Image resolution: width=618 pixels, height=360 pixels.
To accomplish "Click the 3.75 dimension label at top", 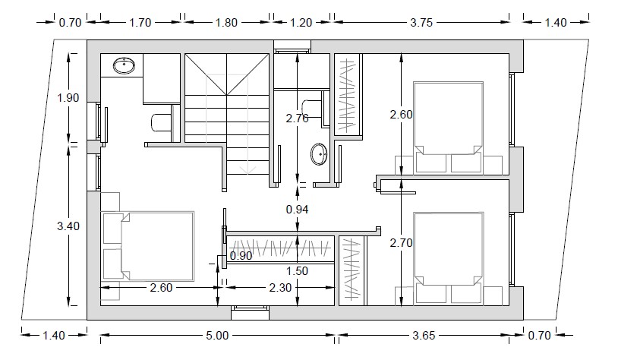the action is pos(421,23).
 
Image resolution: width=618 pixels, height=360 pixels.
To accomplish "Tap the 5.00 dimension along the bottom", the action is pos(217,336).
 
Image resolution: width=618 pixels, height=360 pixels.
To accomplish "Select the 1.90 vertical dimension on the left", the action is pos(68,97).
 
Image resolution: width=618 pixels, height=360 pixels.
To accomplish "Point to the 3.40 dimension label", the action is pos(68,226).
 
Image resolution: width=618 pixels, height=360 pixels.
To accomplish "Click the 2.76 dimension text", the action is pos(297,118).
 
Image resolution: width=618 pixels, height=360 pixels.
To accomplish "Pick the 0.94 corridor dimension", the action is pos(297,210).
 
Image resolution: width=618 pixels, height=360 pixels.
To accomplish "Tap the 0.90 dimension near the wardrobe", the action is pos(241,256).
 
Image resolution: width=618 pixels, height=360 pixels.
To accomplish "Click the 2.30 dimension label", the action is pos(280,288).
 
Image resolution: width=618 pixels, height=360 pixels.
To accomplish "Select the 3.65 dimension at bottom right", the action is pos(424,336).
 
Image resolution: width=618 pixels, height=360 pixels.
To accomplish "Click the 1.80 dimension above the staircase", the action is pos(226,23).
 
